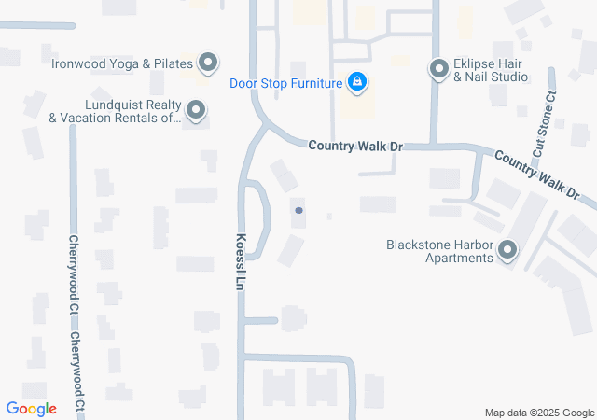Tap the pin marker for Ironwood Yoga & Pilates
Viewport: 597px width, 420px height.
pos(208,63)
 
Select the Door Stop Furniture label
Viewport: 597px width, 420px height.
pos(286,83)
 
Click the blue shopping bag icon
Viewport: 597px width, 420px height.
pos(356,83)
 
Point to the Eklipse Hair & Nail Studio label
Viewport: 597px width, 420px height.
pos(492,70)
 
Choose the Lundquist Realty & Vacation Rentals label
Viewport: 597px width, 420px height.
pos(116,112)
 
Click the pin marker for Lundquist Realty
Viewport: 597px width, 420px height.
pos(196,112)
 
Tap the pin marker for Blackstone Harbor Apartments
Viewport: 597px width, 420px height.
pos(508,251)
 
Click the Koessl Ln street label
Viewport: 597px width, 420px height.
pos(241,259)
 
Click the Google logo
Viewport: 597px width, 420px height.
pos(31,409)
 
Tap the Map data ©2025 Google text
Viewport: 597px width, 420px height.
pos(539,413)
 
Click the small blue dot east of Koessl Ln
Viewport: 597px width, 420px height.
pos(298,211)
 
